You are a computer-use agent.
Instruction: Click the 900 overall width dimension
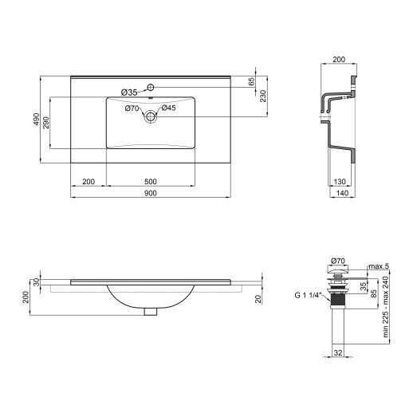click(x=151, y=193)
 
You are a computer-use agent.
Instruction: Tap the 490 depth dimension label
click(x=37, y=120)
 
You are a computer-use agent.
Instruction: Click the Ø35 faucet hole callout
click(x=130, y=92)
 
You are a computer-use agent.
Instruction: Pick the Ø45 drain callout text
click(x=168, y=108)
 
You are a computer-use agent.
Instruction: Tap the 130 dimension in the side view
click(x=340, y=181)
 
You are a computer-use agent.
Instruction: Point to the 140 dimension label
click(x=341, y=193)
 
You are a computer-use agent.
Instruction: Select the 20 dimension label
click(x=258, y=299)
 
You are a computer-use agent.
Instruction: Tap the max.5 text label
click(x=377, y=266)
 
